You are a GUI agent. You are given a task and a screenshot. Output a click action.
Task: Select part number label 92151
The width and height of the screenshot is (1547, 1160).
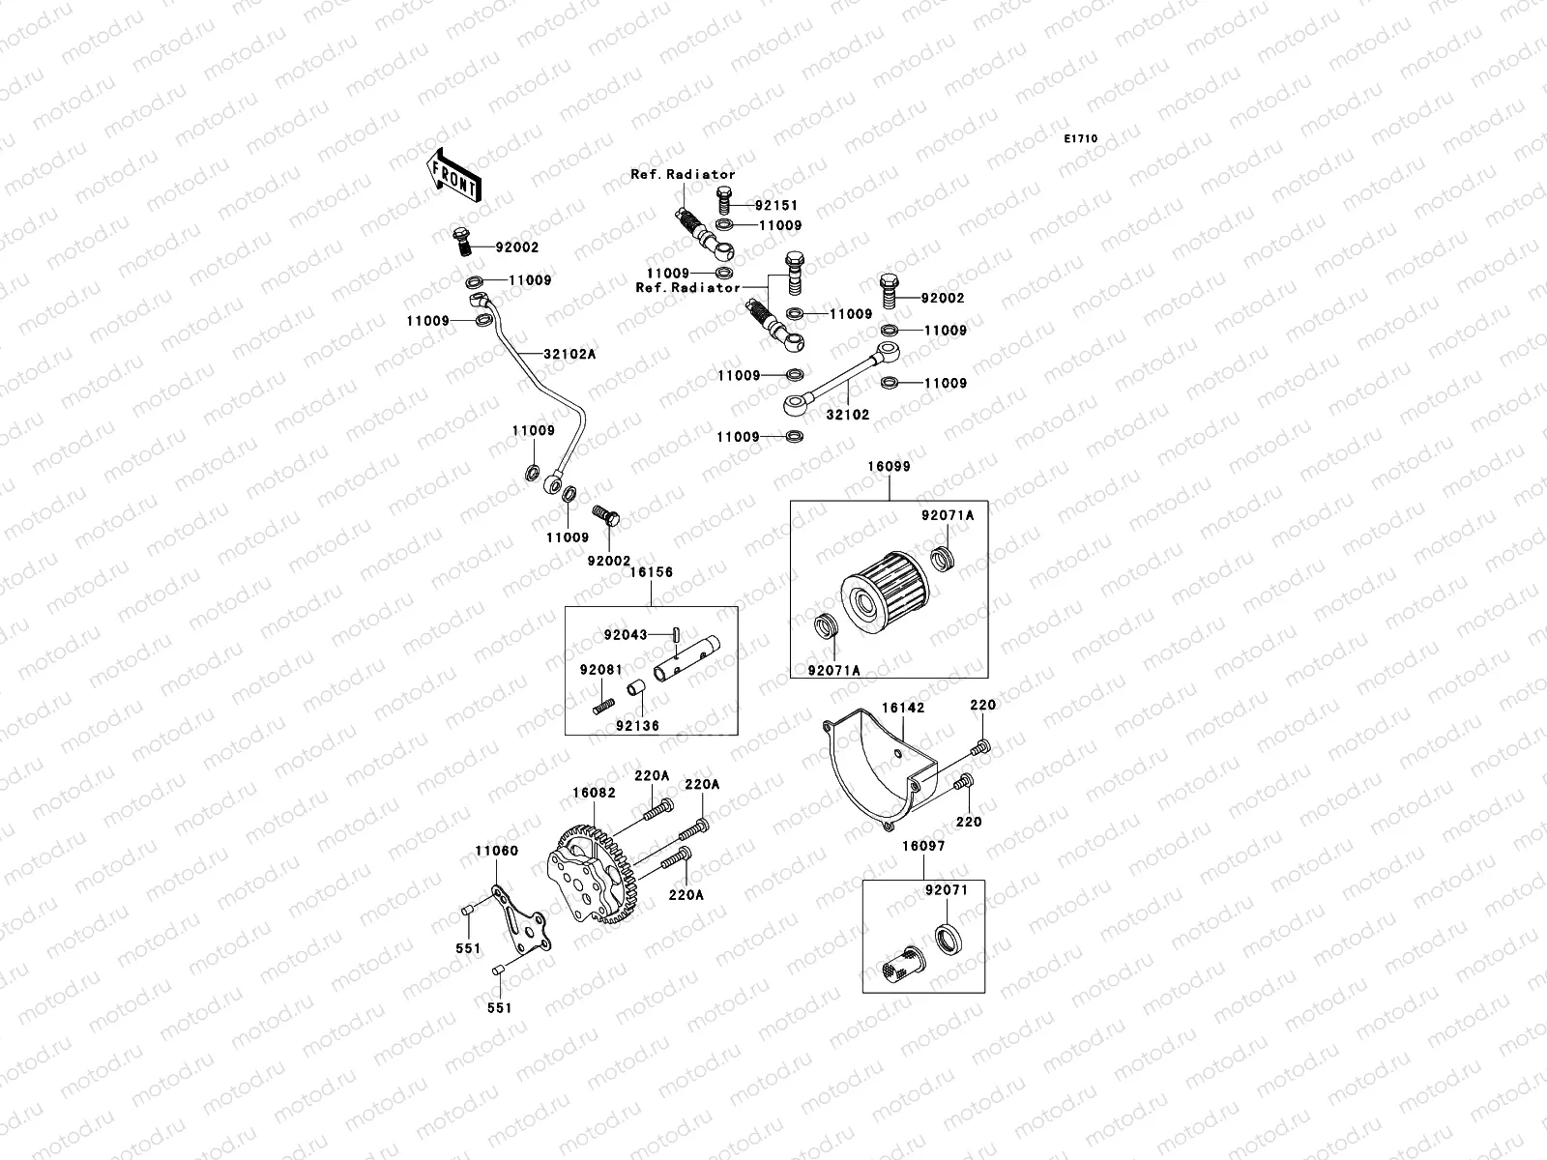point(778,206)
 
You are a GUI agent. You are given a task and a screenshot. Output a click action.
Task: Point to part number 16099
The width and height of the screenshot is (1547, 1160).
point(889,466)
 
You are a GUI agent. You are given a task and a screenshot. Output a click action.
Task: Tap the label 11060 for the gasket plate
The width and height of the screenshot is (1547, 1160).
point(495,851)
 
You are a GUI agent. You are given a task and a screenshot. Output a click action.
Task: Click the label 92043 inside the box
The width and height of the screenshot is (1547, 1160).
point(626,635)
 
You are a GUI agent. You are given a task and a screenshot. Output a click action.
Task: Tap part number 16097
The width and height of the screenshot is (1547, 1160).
point(923,846)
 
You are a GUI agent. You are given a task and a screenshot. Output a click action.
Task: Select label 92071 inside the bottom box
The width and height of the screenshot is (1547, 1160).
point(947,889)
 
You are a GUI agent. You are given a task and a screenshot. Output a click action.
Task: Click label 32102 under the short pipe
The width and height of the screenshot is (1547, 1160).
point(848,415)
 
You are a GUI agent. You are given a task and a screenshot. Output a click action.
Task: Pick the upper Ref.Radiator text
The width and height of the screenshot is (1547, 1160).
point(696,175)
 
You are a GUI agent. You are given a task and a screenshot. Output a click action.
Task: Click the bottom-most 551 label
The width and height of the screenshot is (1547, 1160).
point(499,1007)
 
